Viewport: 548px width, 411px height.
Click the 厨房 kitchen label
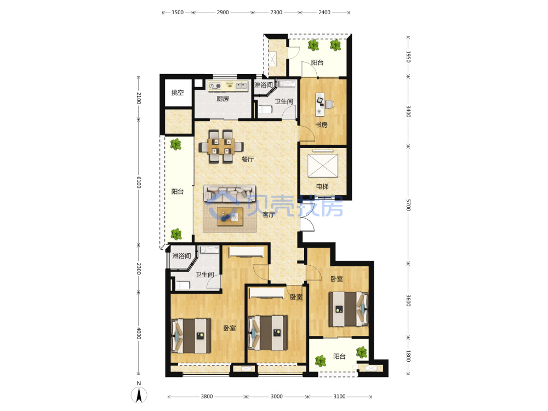(x=222, y=99)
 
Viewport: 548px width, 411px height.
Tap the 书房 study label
(x=321, y=125)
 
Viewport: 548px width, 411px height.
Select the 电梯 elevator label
(x=322, y=186)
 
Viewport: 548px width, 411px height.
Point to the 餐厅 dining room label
(x=248, y=159)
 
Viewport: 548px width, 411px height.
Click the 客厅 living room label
(x=269, y=215)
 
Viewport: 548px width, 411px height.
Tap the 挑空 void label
(x=178, y=93)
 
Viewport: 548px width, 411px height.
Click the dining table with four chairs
(x=221, y=146)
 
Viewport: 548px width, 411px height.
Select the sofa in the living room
(x=230, y=194)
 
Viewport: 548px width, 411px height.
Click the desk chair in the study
(x=329, y=104)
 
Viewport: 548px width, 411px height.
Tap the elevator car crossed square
(x=323, y=165)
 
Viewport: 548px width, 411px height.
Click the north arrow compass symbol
(x=139, y=395)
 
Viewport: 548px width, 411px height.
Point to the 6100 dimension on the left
(x=139, y=182)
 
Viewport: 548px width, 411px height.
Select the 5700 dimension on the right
(x=408, y=205)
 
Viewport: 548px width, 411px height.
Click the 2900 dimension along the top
(x=222, y=12)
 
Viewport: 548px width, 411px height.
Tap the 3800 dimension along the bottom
(x=207, y=396)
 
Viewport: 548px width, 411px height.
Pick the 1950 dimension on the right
(x=408, y=56)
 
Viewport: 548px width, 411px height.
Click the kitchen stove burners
(x=215, y=85)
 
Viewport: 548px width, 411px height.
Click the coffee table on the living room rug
(x=230, y=216)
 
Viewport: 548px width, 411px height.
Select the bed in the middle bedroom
(x=268, y=333)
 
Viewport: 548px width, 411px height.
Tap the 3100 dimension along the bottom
(x=339, y=396)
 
